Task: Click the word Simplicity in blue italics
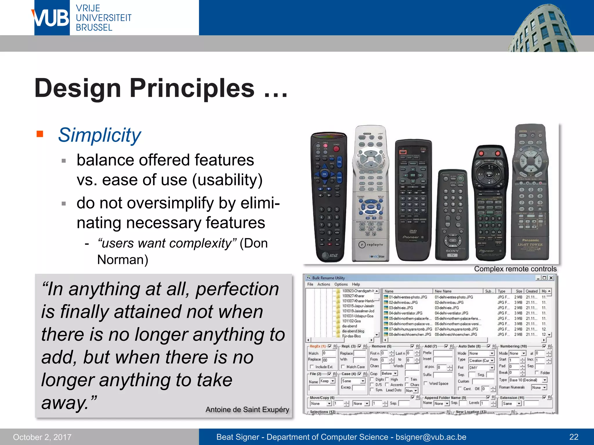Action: [x=99, y=135]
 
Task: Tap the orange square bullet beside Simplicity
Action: [x=40, y=134]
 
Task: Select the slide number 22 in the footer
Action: [x=574, y=437]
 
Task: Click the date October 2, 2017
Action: [x=42, y=437]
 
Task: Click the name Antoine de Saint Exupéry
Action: [x=247, y=409]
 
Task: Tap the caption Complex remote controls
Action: [x=515, y=269]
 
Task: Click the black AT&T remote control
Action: [x=329, y=197]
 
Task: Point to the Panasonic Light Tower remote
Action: [x=530, y=191]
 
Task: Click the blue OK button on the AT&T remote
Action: [x=325, y=174]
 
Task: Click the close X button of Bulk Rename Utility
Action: [x=551, y=278]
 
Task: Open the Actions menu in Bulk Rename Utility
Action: [x=323, y=284]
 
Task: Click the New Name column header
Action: [x=443, y=291]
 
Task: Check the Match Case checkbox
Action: [x=343, y=367]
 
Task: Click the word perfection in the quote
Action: [x=237, y=289]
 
